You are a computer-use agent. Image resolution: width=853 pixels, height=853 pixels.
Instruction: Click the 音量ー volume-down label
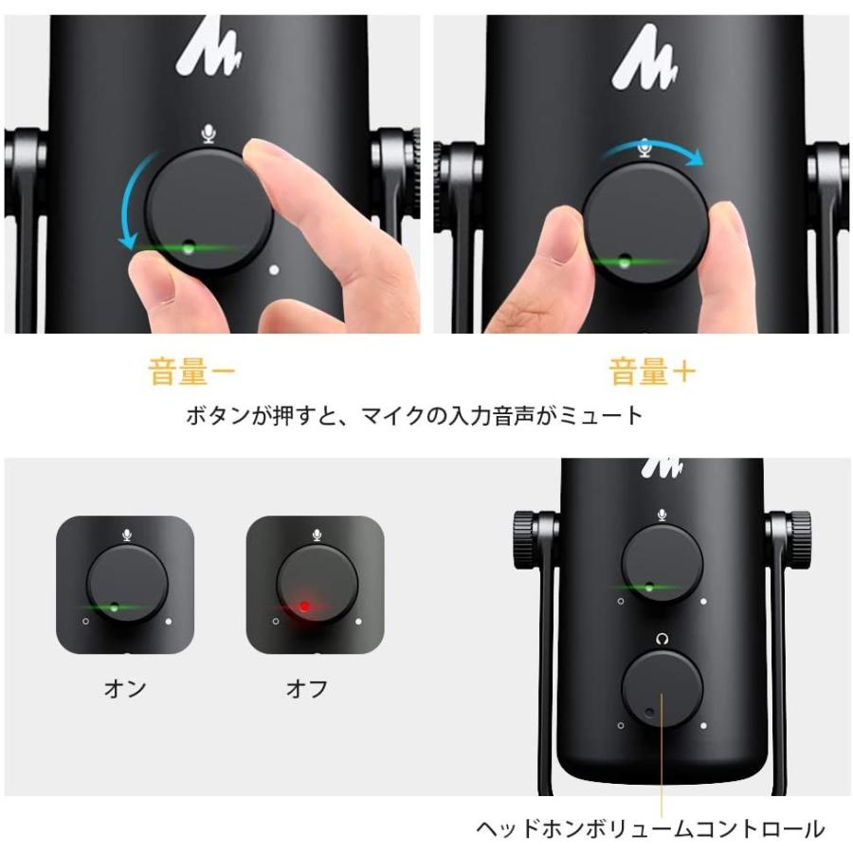click(x=191, y=372)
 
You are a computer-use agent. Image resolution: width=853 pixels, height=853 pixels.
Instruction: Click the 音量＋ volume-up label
click(x=652, y=372)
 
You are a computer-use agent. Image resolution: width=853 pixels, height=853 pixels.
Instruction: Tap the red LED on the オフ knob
click(x=304, y=606)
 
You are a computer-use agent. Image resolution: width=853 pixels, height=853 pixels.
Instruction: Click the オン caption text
click(x=125, y=689)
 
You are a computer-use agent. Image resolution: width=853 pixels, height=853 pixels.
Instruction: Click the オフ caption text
click(x=306, y=689)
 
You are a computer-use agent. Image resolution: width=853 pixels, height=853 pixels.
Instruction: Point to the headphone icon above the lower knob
click(x=661, y=639)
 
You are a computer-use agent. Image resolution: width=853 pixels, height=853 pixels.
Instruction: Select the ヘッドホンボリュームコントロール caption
click(x=649, y=829)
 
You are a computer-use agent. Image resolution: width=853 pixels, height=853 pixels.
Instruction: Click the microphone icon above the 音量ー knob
click(x=209, y=134)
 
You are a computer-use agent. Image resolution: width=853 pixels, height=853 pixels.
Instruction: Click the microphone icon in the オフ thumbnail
click(x=316, y=535)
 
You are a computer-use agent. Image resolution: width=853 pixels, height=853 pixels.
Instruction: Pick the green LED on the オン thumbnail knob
click(x=114, y=606)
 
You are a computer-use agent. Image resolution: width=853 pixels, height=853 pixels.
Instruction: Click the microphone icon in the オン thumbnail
click(x=126, y=535)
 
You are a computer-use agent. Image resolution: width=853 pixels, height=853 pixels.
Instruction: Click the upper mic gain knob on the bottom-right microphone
click(x=662, y=563)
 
